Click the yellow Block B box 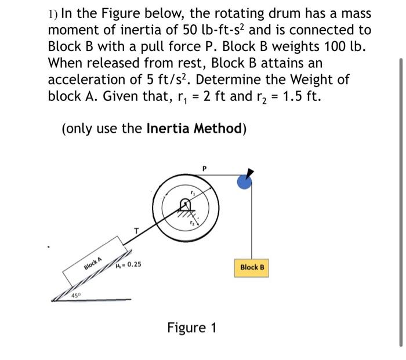point(252,267)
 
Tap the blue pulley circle point(244,182)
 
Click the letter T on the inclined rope point(137,231)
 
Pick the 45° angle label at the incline point(75,296)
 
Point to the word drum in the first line point(266,14)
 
